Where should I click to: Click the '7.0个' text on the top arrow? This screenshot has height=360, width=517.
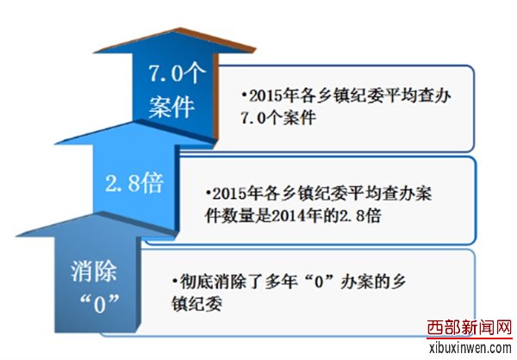178,73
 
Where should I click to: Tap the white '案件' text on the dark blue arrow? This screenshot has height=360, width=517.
171,107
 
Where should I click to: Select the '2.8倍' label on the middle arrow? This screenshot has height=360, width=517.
134,183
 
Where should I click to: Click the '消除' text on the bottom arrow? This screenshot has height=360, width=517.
94,271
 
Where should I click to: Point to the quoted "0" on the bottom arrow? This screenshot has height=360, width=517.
100,304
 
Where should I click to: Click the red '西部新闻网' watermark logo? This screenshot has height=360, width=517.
470,328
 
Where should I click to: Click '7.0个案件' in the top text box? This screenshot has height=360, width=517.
278,118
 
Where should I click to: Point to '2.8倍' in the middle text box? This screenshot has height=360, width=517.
360,216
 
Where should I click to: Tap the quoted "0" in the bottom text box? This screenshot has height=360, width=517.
318,282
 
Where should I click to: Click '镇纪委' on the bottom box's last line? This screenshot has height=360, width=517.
196,304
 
